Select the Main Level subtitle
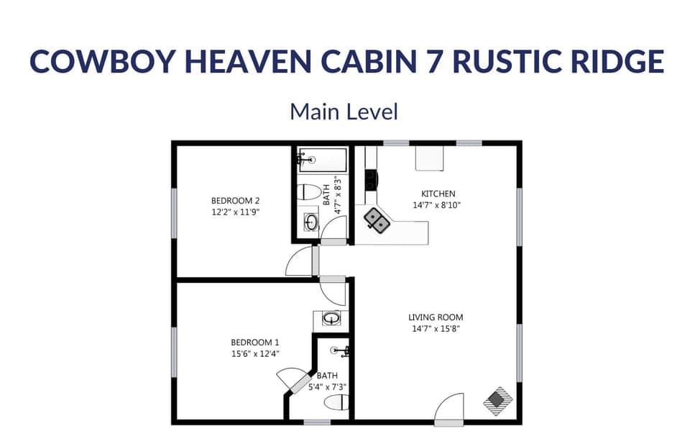coord(344,112)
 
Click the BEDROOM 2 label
coord(235,200)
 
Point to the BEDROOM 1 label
coord(255,342)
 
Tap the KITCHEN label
coord(438,194)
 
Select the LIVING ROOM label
coord(436,317)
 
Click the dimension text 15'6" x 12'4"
coord(255,353)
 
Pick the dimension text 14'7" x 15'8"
coord(436,328)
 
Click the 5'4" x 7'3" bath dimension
coord(327,386)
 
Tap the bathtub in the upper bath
coord(323,159)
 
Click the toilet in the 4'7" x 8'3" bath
coord(310,192)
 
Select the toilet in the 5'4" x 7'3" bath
coord(336,403)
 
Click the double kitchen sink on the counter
coord(377,220)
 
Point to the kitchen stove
coord(371,179)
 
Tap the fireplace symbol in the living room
coord(497,401)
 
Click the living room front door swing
coord(449,409)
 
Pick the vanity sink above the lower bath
coord(331,318)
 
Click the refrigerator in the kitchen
coord(429,158)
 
